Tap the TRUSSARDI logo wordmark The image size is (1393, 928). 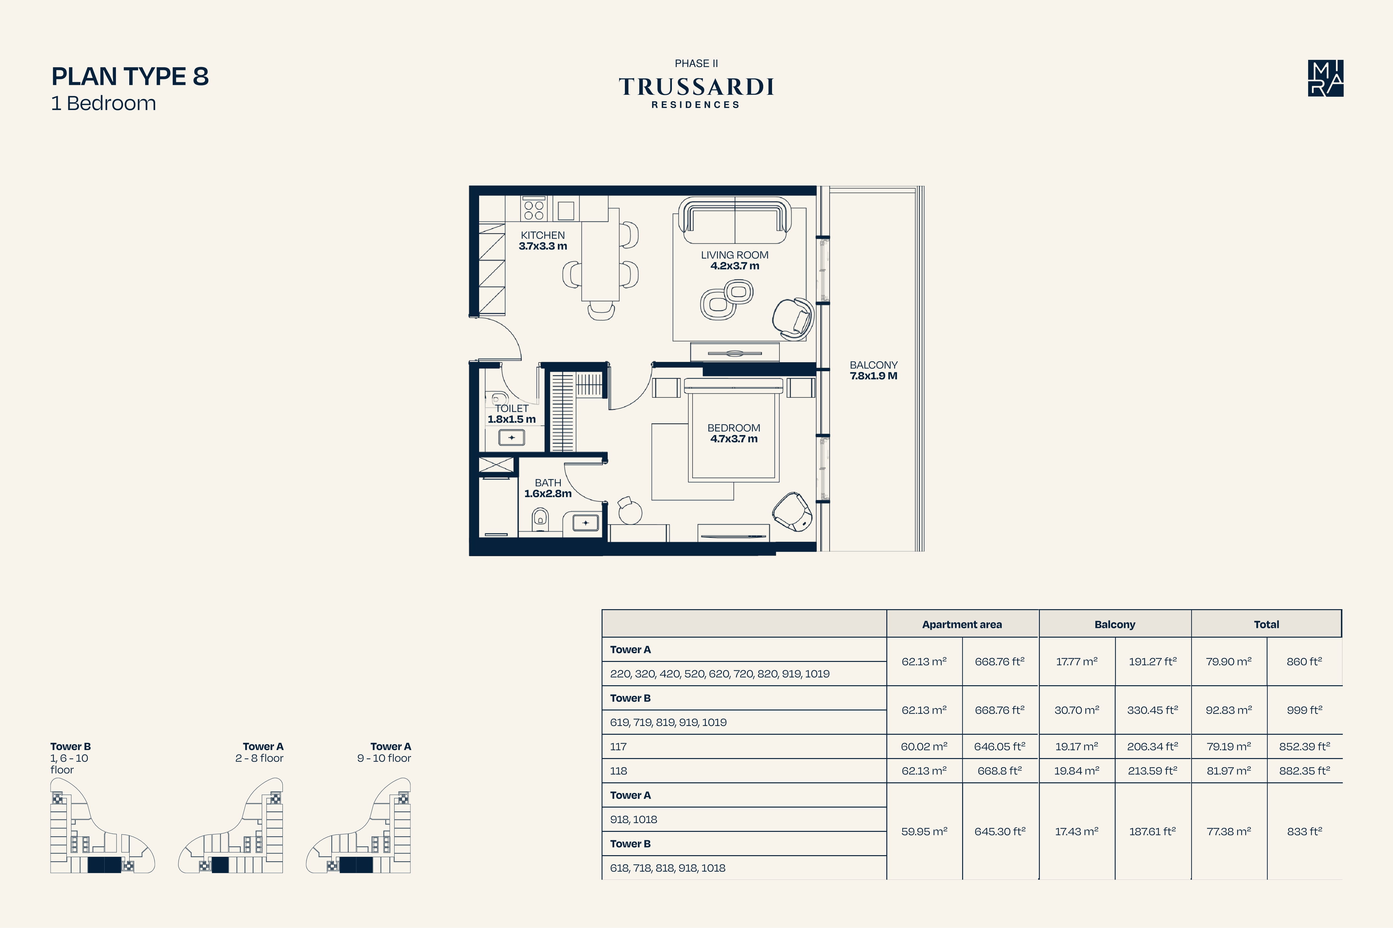click(696, 87)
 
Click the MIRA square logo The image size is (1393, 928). click(1326, 78)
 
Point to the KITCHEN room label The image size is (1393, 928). click(543, 235)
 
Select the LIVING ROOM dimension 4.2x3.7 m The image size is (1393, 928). click(734, 266)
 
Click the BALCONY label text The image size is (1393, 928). click(874, 365)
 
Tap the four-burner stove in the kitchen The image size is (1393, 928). click(534, 209)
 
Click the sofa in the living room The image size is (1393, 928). click(735, 220)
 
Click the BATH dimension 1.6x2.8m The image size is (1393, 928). click(548, 494)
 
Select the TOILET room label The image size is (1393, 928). click(512, 408)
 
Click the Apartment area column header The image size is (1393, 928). click(962, 624)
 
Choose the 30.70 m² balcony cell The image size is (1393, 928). click(1077, 710)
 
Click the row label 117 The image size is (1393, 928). click(618, 746)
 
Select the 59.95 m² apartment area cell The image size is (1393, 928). click(924, 832)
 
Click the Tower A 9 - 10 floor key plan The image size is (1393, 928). click(358, 826)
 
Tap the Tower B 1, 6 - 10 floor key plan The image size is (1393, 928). click(102, 826)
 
